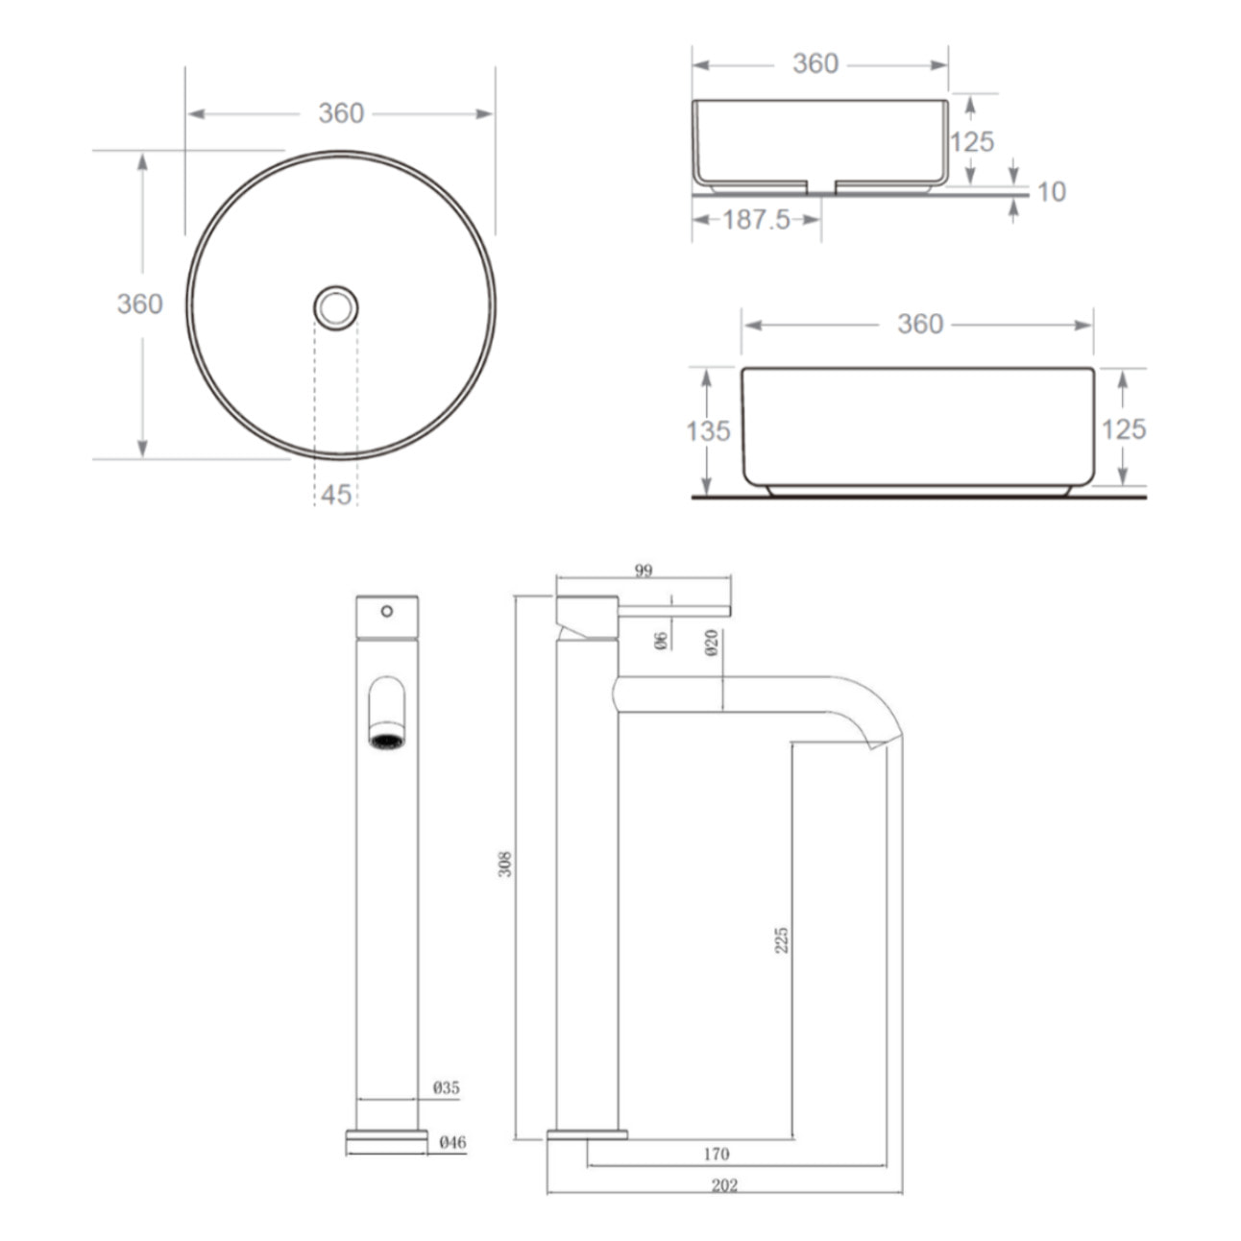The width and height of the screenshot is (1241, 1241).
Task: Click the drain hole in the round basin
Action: [x=336, y=308]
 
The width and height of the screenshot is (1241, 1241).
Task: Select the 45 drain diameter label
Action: [x=336, y=495]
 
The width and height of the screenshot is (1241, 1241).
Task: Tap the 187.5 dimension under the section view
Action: [x=756, y=220]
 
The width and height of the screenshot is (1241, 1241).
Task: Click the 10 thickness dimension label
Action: [x=1052, y=192]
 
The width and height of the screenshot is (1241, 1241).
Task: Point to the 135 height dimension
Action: [x=708, y=431]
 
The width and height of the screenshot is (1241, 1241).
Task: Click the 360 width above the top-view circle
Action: [x=341, y=113]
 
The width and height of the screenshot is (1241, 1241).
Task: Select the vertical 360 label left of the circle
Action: [x=140, y=304]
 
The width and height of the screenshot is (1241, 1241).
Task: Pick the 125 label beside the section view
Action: [x=972, y=142]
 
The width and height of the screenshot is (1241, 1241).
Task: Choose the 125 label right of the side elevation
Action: [x=1124, y=429]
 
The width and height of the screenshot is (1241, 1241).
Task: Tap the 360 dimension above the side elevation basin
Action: [x=919, y=325]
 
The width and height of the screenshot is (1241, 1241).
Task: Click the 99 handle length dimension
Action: [x=644, y=571]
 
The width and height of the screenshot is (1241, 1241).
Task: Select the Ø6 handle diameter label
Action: [x=661, y=641]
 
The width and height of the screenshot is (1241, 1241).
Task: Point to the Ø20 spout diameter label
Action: [x=712, y=643]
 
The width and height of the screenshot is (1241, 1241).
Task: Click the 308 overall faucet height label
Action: [x=506, y=864]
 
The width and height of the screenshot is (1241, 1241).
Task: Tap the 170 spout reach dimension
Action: [x=717, y=1154]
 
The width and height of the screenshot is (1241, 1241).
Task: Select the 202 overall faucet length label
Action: [x=724, y=1185]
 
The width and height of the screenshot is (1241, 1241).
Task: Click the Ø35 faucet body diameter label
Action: [x=447, y=1088]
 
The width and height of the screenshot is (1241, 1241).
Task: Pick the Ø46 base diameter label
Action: [x=452, y=1142]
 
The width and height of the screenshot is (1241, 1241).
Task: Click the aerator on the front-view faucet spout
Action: [x=387, y=741]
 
